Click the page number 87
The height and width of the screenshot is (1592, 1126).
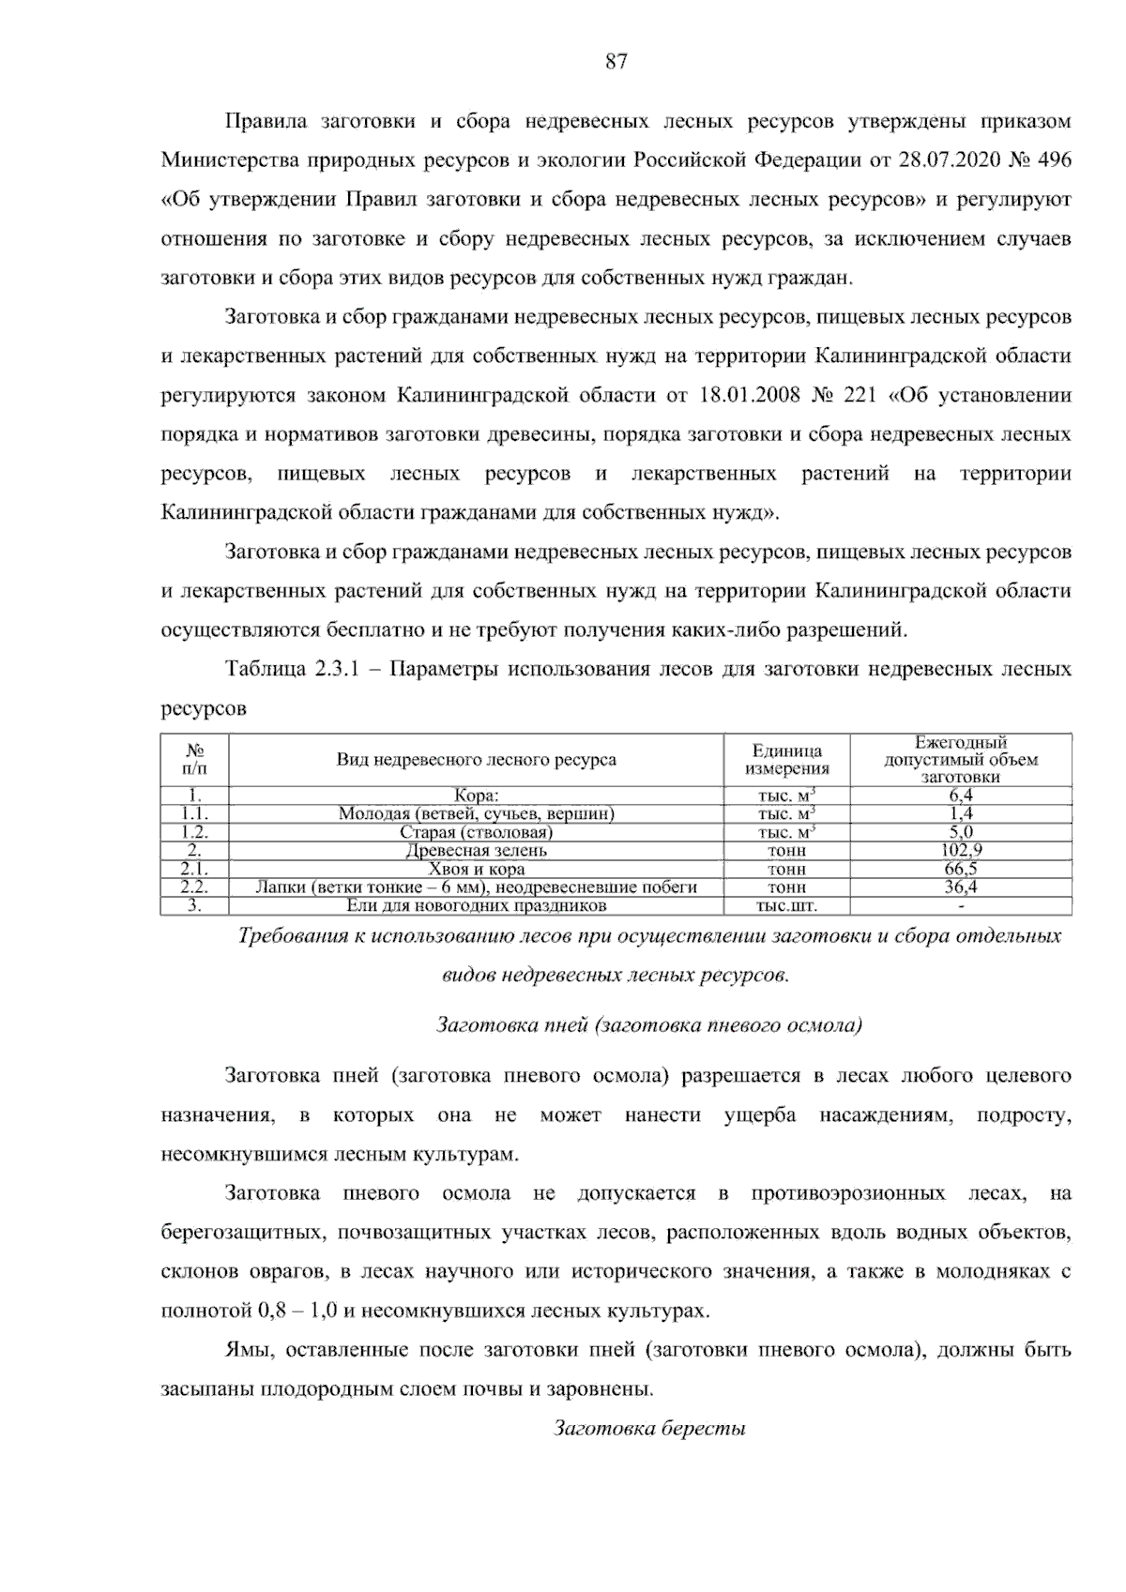coord(616,63)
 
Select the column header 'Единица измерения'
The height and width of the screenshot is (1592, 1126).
coord(787,760)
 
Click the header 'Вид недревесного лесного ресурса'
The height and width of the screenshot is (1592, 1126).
coord(476,760)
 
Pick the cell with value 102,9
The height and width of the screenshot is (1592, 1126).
coord(961,851)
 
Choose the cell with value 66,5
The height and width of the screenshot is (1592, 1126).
coord(961,869)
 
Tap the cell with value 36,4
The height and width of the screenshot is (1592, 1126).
coord(961,887)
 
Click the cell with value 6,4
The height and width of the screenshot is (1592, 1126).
coord(961,796)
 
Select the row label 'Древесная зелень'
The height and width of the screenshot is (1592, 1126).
coord(476,851)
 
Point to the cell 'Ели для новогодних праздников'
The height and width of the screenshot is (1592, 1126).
coord(476,906)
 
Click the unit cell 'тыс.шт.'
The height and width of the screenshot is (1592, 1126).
coord(787,906)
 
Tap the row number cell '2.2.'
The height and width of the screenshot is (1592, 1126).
coord(194,887)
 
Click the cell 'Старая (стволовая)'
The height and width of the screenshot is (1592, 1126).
coord(476,833)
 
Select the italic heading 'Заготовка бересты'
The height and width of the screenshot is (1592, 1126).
coord(649,1430)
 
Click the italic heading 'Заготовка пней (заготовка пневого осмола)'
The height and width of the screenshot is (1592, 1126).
coord(649,1025)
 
